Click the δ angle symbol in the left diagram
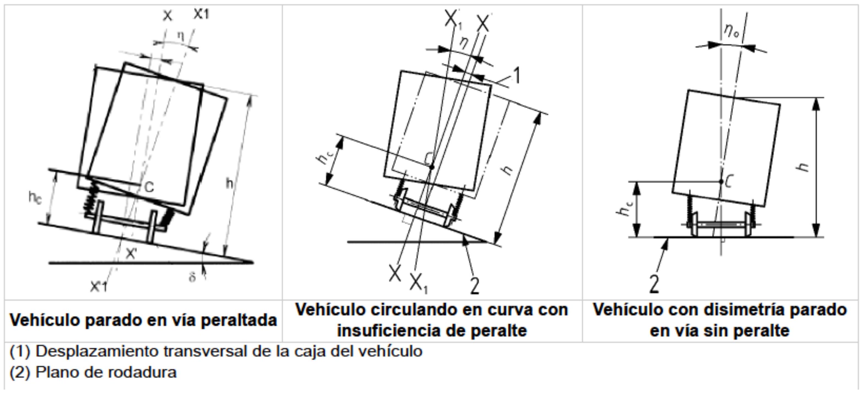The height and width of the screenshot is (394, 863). point(192,277)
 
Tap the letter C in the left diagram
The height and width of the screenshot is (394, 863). point(149,187)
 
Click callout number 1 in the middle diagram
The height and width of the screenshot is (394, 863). point(517,76)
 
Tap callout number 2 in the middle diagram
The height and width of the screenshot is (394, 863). point(475,285)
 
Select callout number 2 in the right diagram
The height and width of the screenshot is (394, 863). point(654,284)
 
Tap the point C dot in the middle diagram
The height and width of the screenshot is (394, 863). point(432,167)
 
